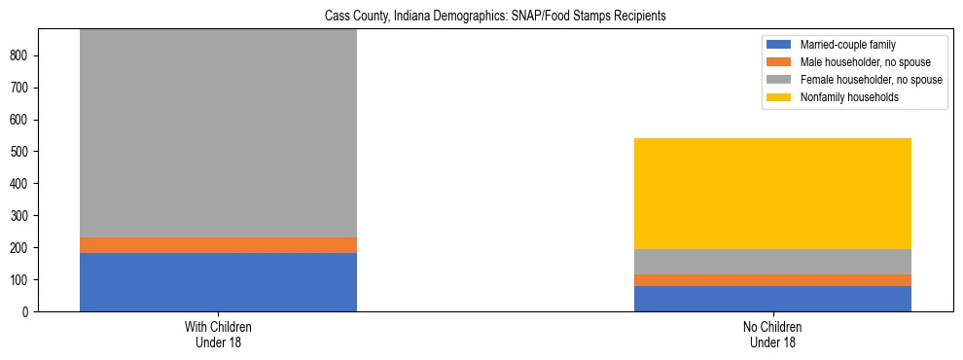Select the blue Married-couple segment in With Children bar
tap(218, 282)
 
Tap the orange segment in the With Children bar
tap(218, 245)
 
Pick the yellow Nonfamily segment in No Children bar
tap(772, 194)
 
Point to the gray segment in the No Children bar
tap(772, 262)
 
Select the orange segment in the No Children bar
tap(772, 280)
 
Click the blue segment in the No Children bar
tap(772, 299)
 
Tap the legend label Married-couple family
tap(847, 45)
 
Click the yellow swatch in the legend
tap(779, 97)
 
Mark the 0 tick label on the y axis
tap(28, 312)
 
